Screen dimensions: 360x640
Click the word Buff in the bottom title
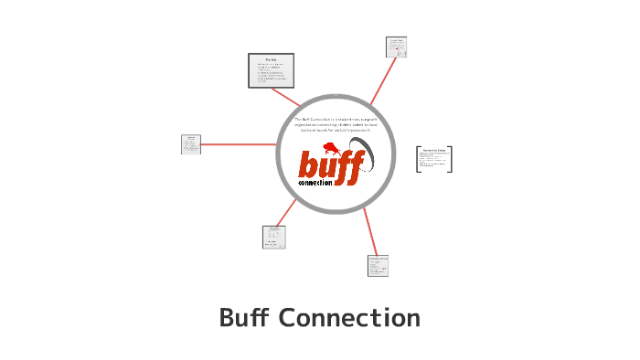(245, 318)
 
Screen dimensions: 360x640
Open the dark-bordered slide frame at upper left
(271, 70)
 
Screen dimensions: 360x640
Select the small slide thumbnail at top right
(396, 48)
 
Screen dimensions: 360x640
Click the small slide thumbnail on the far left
(191, 144)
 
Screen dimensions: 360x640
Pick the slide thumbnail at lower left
(274, 237)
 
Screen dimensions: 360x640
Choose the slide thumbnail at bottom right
(378, 265)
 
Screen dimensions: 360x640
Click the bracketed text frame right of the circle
(434, 159)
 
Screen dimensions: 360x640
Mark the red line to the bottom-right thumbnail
(369, 232)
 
